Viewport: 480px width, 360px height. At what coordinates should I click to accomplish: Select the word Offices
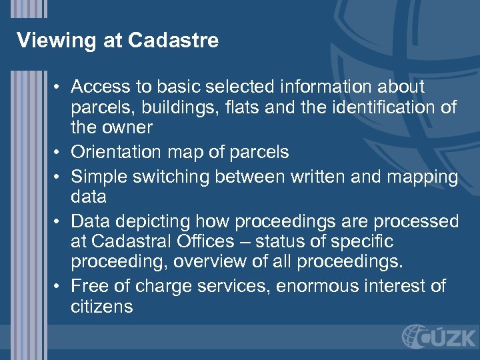tap(207, 241)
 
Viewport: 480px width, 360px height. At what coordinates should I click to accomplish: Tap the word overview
tap(214, 261)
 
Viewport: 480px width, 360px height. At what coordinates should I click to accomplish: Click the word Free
tap(88, 286)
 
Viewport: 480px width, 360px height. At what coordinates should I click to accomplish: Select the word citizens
tap(101, 307)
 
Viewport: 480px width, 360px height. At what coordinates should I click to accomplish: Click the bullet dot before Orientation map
tap(59, 153)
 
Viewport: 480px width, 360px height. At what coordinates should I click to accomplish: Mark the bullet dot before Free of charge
tap(59, 287)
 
